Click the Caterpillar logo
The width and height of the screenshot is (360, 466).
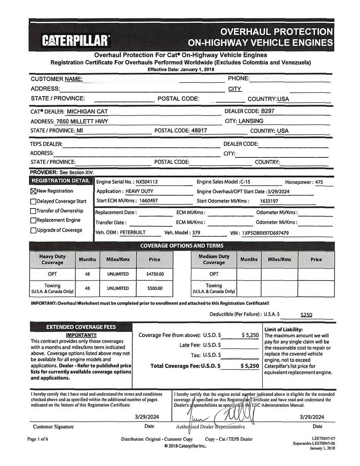coord(76,40)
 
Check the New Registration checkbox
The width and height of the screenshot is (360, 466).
coord(33,191)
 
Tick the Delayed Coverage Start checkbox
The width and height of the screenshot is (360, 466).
coord(33,201)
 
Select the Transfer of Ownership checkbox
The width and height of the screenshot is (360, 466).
coord(33,211)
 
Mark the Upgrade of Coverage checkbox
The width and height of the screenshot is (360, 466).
coord(33,230)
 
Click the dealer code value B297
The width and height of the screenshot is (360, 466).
coord(268,111)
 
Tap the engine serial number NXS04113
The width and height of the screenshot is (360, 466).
coord(147,182)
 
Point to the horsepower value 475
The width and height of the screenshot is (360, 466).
coord(319,182)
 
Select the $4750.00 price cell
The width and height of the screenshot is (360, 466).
coord(155,274)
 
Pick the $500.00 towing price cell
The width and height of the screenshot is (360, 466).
coord(155,288)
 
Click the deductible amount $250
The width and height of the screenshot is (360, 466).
coord(306,315)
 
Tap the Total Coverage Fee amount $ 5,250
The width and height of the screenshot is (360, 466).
coord(250,366)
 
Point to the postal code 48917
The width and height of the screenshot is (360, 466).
coord(199,131)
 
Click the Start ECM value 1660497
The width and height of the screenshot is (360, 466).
coord(148,201)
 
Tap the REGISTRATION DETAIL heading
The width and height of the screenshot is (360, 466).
coord(60,181)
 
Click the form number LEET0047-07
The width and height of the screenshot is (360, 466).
coord(323,438)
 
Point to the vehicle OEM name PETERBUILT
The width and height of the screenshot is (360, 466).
coord(132,233)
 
